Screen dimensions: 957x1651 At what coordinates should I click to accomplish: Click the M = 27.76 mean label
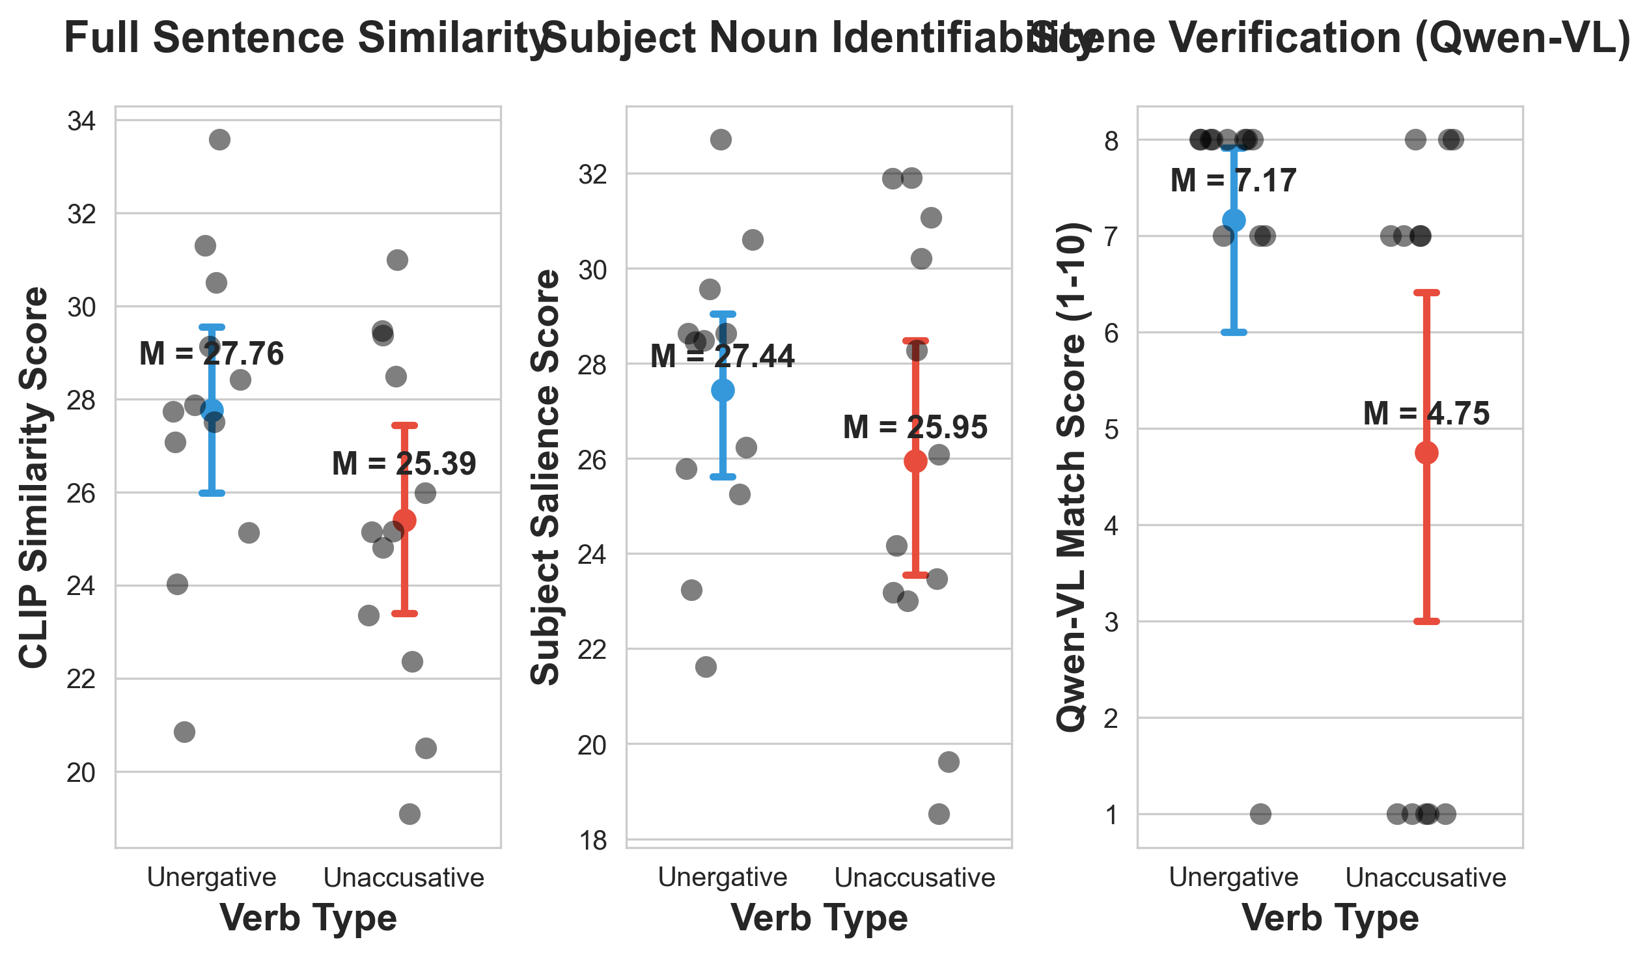212,354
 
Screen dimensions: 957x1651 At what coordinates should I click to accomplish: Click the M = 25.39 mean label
404,464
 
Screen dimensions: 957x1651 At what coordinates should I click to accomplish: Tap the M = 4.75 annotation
1426,414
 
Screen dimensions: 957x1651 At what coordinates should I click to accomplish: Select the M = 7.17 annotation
1233,181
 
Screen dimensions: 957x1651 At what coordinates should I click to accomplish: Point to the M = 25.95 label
915,428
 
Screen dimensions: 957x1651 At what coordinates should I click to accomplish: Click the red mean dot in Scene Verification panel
1426,453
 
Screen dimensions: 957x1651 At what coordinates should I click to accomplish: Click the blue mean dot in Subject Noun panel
723,391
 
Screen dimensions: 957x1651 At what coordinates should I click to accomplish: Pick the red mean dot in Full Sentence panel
404,521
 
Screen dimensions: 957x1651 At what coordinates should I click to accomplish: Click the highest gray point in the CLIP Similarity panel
219,139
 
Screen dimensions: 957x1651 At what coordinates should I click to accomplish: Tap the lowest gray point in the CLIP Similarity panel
409,815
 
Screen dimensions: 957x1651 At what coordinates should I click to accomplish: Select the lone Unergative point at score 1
1260,815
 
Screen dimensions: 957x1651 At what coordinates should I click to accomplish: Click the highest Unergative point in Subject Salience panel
721,139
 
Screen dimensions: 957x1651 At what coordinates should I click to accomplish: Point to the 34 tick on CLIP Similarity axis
81,121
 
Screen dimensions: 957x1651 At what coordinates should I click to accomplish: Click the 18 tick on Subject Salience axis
592,841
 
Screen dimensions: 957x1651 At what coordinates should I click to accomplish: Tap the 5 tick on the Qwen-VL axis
1111,430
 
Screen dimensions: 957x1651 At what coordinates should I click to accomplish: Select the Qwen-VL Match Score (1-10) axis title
1073,477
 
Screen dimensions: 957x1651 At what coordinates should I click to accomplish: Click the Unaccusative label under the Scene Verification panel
1426,878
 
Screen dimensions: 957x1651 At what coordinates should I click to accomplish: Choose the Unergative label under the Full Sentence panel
212,878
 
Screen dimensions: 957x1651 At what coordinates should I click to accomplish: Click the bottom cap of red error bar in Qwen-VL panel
1426,622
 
